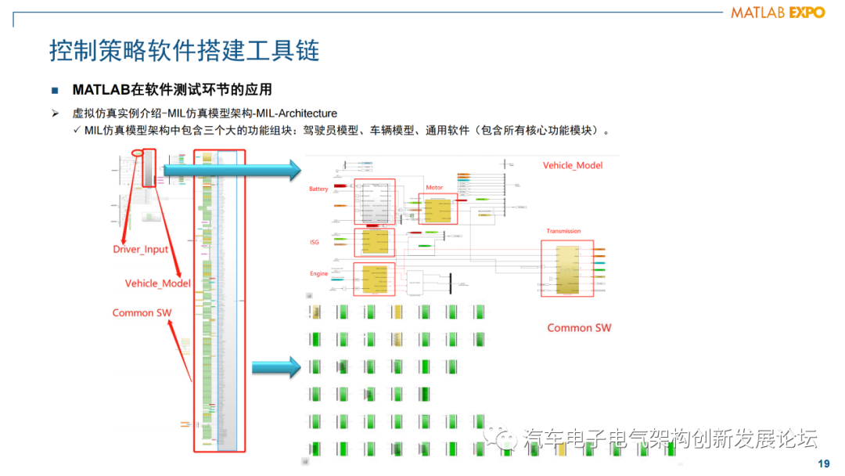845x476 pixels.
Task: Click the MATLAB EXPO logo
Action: (778, 13)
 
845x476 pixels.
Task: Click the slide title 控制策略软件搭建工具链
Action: (185, 51)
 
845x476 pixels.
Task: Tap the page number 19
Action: (823, 463)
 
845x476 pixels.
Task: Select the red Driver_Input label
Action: (140, 249)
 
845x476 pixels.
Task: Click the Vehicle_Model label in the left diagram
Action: (158, 283)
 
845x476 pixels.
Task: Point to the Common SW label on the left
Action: (142, 312)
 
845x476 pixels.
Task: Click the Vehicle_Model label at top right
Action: (573, 165)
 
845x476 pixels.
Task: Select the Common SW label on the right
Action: (579, 327)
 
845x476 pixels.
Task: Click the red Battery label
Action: (318, 189)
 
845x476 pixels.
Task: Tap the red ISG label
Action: (315, 242)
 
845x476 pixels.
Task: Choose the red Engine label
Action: (318, 274)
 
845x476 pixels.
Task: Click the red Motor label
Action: (434, 188)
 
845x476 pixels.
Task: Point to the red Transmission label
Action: (563, 231)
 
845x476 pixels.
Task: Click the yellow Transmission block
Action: (566, 269)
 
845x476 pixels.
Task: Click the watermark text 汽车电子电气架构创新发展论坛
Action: (670, 438)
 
